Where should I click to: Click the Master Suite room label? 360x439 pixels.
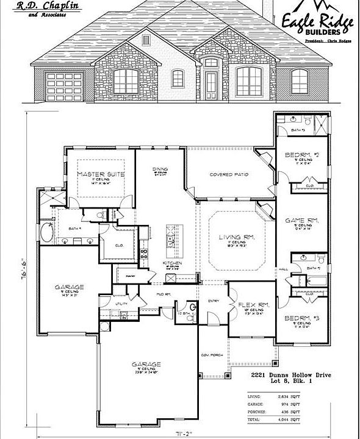(x=101, y=174)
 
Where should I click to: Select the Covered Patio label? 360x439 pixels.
(x=229, y=174)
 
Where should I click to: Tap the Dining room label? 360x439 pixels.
(x=160, y=169)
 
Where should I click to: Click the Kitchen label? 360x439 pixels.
(x=170, y=263)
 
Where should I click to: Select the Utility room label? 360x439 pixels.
(x=121, y=302)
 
